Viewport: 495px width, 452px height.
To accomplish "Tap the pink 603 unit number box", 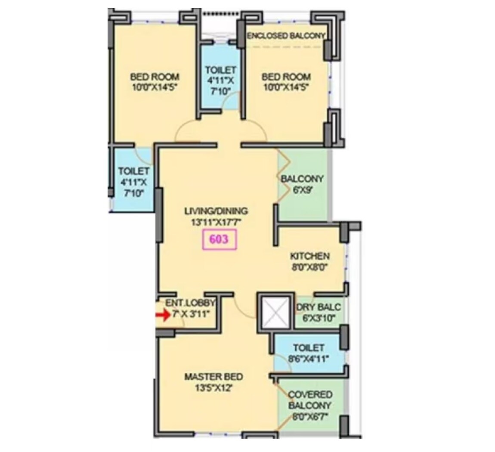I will [x=219, y=239].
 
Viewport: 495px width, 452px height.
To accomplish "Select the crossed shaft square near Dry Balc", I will [x=275, y=313].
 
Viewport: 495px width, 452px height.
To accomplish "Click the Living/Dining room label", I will [x=216, y=211].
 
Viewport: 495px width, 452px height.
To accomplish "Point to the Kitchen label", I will [x=309, y=256].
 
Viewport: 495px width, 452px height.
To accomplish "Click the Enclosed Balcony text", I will [x=286, y=36].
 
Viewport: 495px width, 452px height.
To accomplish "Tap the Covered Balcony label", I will [x=310, y=400].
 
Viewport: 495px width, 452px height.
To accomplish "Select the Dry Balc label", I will [x=319, y=307].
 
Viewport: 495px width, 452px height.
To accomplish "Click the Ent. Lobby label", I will [x=190, y=303].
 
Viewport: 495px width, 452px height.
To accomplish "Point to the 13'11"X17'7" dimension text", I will [x=216, y=223].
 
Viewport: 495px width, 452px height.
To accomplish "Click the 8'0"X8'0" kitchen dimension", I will [x=309, y=267].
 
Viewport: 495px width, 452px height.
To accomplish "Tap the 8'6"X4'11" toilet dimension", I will [x=308, y=358].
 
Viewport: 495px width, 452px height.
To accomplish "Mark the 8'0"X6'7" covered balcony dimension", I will [x=310, y=417].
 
